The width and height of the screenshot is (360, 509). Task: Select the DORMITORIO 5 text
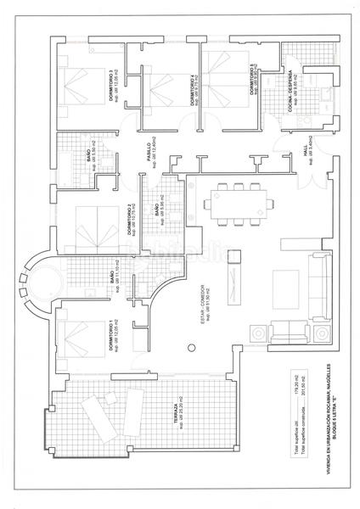coord(252,81)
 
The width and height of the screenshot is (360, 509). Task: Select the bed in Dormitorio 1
coord(78,341)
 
